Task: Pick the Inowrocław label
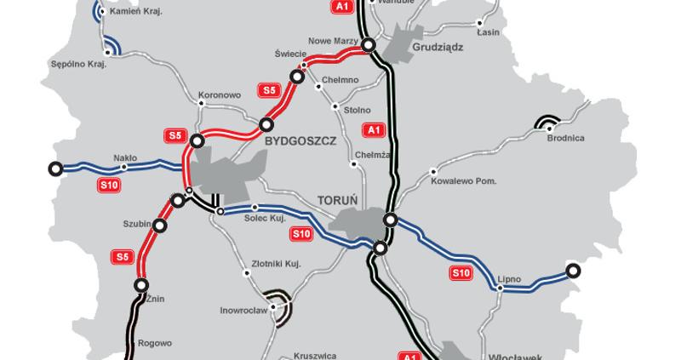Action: (245, 311)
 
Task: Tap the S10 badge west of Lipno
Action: (460, 272)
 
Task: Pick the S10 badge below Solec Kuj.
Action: (300, 233)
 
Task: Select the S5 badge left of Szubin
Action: (121, 254)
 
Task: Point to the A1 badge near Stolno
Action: (372, 129)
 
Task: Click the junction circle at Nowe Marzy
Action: (369, 44)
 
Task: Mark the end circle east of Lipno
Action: (574, 271)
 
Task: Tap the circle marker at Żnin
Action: (141, 286)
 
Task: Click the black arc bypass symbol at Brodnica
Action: (547, 123)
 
